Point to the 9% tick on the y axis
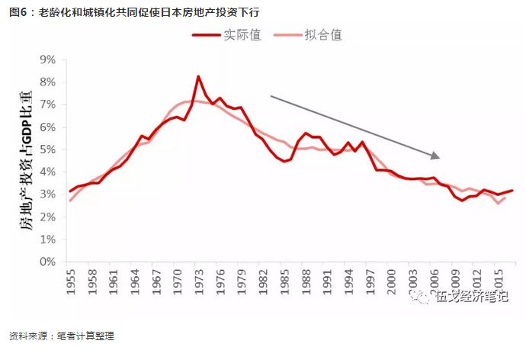48,59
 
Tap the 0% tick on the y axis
48,262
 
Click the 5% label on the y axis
48,149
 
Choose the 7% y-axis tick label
48,104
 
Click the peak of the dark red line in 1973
198,76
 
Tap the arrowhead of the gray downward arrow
436,156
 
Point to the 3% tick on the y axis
48,194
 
